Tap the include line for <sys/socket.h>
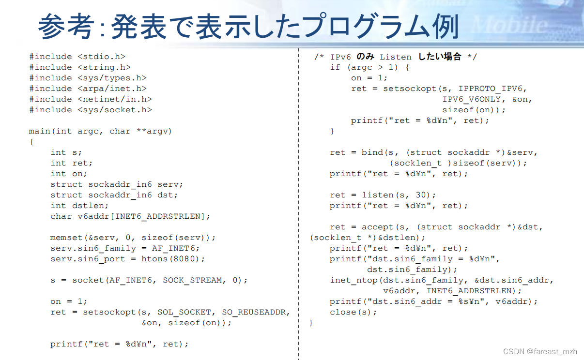[91, 110]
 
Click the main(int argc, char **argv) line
[100, 131]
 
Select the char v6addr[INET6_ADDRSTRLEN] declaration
[130, 216]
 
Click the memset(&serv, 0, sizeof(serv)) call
[133, 238]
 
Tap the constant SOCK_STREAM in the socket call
[192, 280]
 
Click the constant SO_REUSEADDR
[256, 312]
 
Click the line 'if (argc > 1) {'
[369, 67]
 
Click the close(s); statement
[353, 312]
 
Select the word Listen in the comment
[395, 57]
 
